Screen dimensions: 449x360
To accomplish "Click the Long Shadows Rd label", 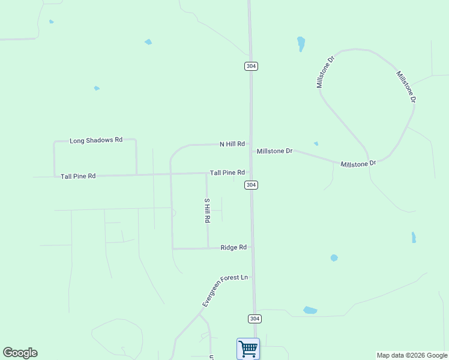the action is (x=96, y=140).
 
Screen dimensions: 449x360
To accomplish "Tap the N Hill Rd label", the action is (x=232, y=144).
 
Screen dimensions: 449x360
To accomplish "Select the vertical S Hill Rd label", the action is (x=207, y=211).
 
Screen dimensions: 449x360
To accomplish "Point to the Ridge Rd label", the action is (x=234, y=247).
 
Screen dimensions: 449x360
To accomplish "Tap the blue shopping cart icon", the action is (x=248, y=348).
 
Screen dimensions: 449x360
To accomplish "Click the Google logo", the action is (x=20, y=353).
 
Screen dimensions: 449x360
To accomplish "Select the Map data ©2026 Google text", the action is (x=412, y=355).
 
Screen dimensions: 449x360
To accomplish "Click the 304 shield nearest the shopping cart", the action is (x=255, y=319).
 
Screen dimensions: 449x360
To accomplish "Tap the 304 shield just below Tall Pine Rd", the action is (x=252, y=185).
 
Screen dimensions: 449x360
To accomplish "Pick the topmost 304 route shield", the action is (x=252, y=66).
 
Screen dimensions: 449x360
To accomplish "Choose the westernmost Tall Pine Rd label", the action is (x=78, y=176).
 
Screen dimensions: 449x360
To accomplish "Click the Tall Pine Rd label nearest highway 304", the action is (x=227, y=173).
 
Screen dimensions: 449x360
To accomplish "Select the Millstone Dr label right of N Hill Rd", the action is (x=274, y=151).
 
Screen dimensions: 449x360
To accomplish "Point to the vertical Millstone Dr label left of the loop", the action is (x=325, y=73).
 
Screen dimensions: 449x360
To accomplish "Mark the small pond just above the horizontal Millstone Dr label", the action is (x=316, y=143).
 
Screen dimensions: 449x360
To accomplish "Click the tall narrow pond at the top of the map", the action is (x=301, y=44).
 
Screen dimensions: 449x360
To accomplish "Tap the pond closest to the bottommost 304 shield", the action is (x=310, y=310).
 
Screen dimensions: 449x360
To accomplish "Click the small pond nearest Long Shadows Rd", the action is (x=97, y=88).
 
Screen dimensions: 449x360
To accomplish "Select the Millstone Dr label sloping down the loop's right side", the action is (x=405, y=87).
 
